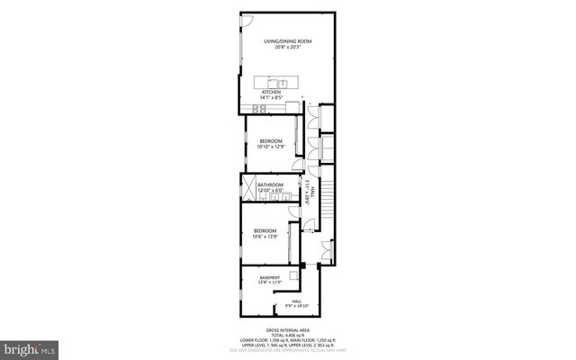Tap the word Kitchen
coord(271,92)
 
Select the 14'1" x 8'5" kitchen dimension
coord(271,98)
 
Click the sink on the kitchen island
coord(282,83)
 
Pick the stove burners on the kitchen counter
coord(258,109)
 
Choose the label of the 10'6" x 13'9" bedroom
coord(264,232)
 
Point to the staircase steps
coord(328,190)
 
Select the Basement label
coord(269,277)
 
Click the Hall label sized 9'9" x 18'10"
coord(296,303)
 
